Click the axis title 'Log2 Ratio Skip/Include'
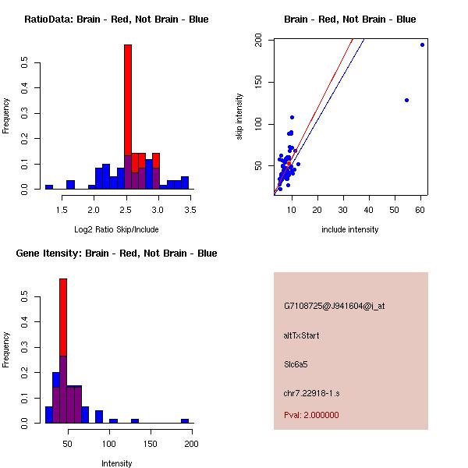coord(115,229)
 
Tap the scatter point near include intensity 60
coord(422,44)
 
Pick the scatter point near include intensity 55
coord(407,100)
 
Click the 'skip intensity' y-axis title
coord(240,117)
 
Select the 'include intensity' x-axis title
coord(349,229)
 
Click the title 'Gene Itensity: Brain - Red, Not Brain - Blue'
coord(116,253)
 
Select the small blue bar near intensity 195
coord(185,420)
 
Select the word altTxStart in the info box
coord(302,335)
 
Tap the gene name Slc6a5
coord(296,363)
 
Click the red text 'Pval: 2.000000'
coord(311,415)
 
